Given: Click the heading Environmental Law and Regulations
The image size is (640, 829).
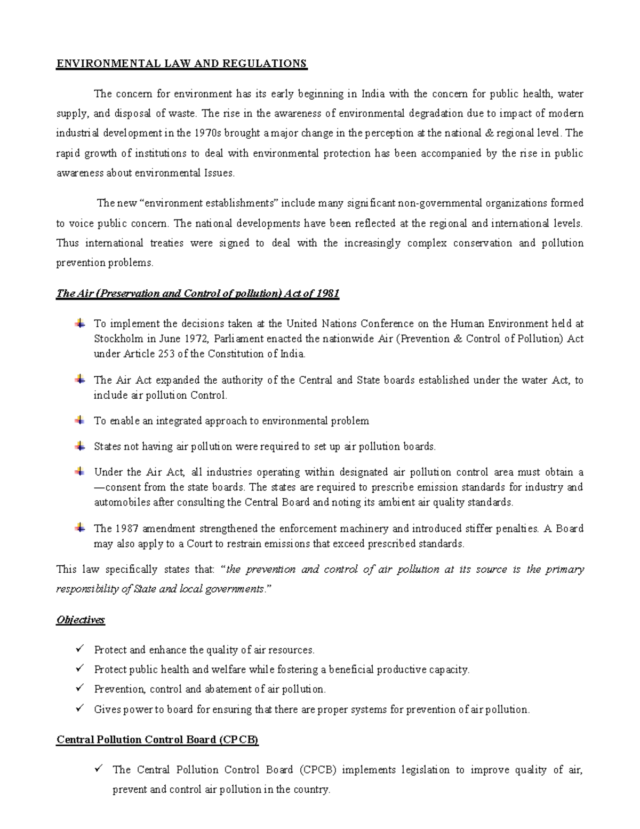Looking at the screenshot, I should pyautogui.click(x=182, y=64).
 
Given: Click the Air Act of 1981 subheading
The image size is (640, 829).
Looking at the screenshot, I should pyautogui.click(x=198, y=294).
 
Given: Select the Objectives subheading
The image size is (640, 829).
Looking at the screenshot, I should pyautogui.click(x=81, y=620).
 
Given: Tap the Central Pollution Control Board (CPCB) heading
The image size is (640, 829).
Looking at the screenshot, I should pyautogui.click(x=157, y=740).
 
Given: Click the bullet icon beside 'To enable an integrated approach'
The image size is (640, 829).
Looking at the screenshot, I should pyautogui.click(x=79, y=421).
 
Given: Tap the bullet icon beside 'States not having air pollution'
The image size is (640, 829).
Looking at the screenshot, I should pyautogui.click(x=79, y=446).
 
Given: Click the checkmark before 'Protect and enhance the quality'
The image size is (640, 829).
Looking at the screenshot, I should pyautogui.click(x=80, y=650).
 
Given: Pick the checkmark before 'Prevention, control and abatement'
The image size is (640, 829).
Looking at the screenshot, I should pyautogui.click(x=80, y=689).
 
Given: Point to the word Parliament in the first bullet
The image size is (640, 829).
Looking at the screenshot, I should pyautogui.click(x=239, y=339).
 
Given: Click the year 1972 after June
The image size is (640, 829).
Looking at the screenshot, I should pyautogui.click(x=197, y=339).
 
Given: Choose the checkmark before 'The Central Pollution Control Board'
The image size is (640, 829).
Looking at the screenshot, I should pyautogui.click(x=99, y=769).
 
